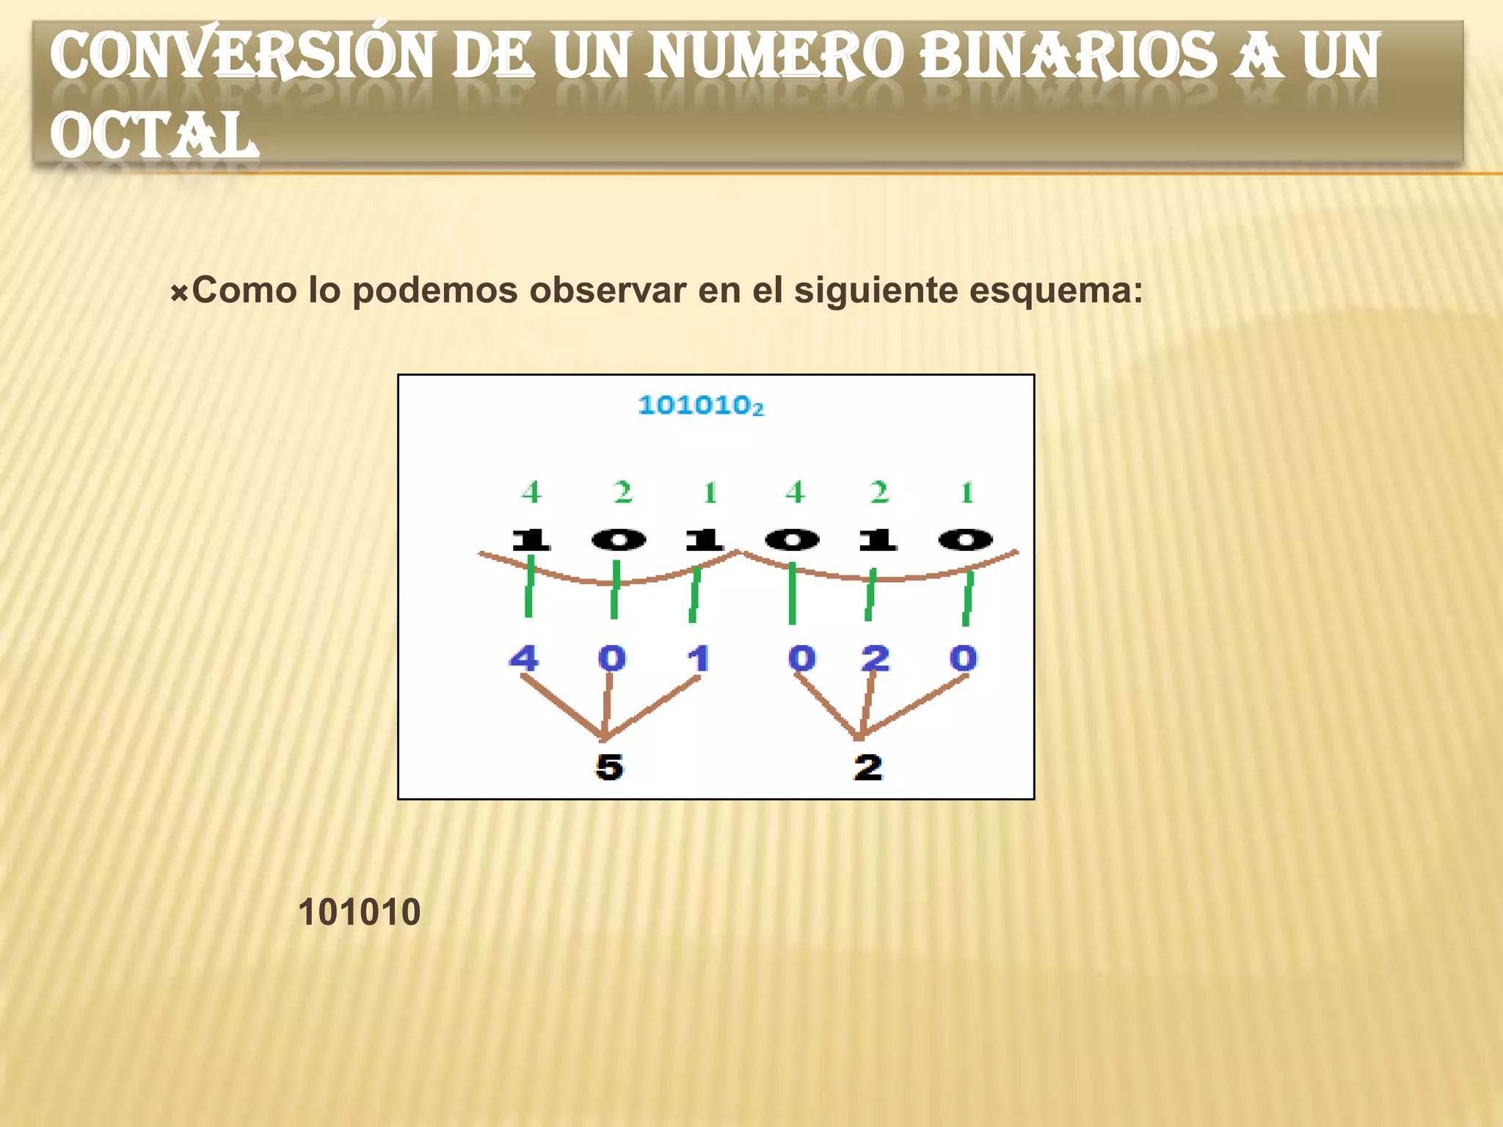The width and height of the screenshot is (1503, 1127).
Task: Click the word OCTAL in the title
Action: (154, 136)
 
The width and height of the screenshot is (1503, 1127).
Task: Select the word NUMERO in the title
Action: (775, 56)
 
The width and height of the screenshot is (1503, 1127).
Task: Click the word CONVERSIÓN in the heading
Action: (242, 56)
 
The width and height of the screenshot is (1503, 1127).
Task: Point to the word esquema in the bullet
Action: (1055, 291)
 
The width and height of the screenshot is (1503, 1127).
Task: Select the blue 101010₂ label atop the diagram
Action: (701, 405)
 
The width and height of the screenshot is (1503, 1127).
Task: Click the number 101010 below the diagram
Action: (359, 912)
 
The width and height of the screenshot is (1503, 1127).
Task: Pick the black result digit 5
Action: (609, 767)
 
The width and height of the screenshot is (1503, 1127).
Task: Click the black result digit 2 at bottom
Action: (868, 767)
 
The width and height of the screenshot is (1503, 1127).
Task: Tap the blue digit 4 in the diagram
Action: (524, 658)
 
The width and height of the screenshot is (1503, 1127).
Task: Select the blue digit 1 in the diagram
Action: (699, 658)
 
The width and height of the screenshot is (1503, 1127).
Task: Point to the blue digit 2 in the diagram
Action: (876, 658)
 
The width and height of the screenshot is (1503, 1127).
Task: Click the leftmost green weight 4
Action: (532, 492)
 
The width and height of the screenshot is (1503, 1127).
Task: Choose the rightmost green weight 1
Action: (967, 492)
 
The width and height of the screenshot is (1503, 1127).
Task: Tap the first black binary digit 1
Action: (531, 541)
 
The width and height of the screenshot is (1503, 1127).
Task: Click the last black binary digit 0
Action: (966, 541)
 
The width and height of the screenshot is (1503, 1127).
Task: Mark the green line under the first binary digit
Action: (529, 587)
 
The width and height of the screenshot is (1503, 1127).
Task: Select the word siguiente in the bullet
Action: (876, 291)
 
